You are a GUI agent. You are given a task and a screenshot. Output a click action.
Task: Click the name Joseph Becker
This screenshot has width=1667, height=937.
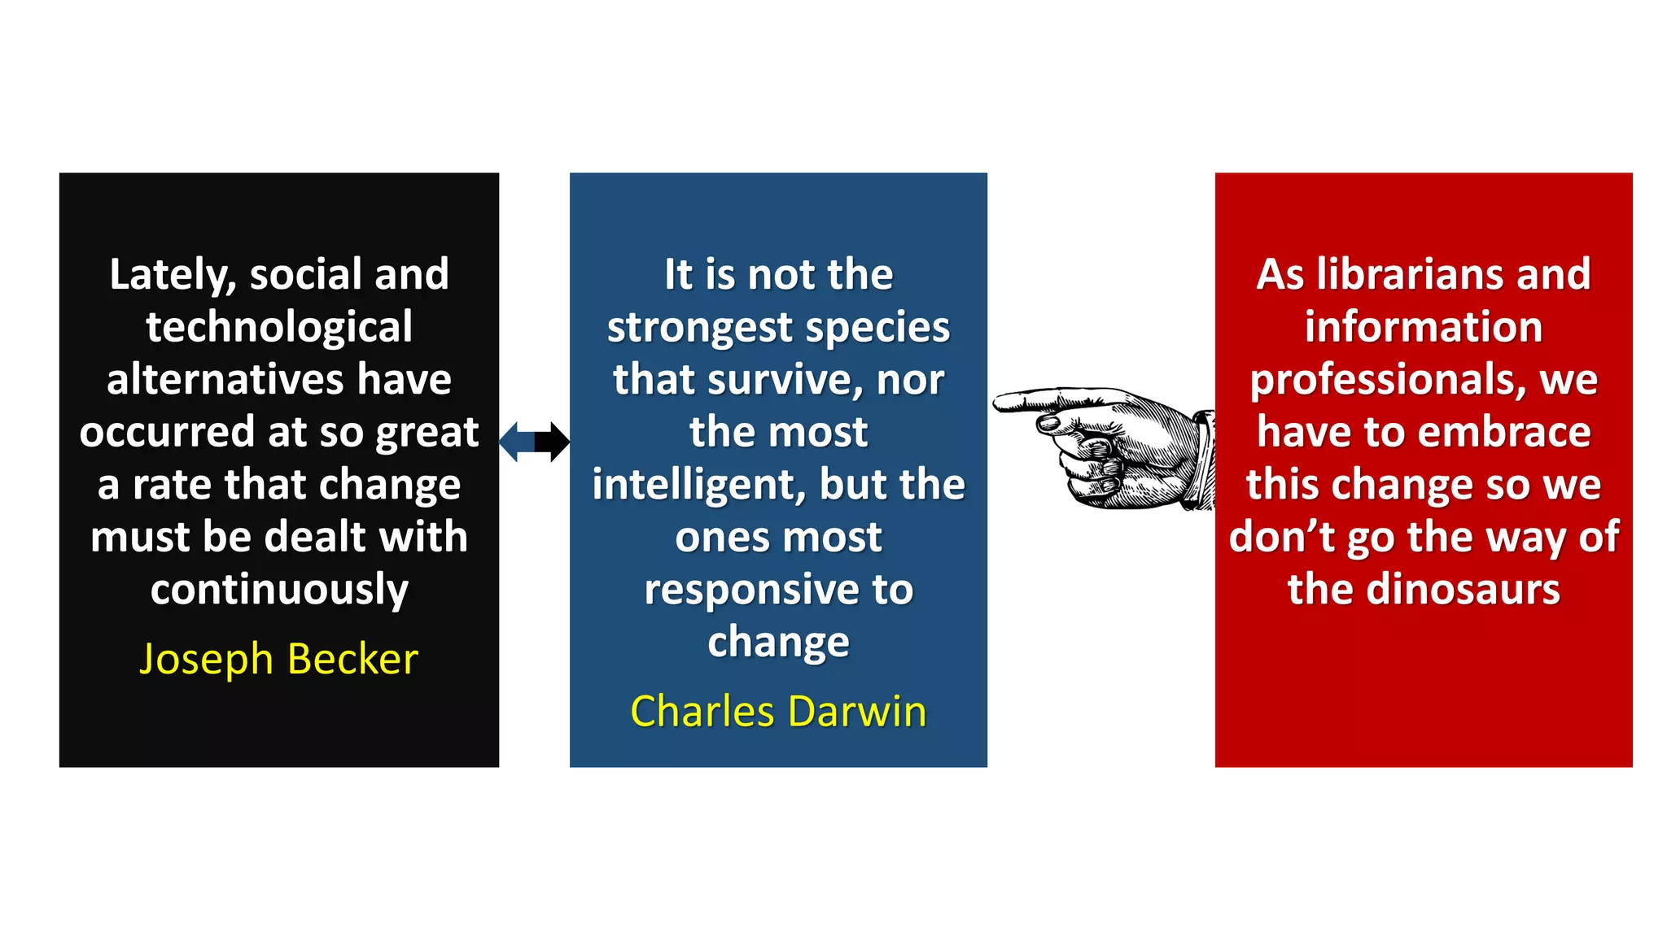tap(278, 659)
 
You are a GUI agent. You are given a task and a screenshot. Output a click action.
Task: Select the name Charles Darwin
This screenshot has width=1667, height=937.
tap(778, 712)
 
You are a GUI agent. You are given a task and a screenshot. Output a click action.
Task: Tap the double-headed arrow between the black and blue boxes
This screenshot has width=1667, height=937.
tap(534, 442)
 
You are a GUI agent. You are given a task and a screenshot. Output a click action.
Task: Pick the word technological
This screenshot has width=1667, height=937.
tap(279, 328)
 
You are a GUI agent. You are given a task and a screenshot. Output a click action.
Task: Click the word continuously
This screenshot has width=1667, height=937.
tap(279, 590)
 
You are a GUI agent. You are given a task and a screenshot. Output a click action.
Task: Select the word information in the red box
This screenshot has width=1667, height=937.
tap(1424, 328)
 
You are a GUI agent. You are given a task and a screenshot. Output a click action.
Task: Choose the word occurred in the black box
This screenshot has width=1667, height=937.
tap(168, 432)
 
